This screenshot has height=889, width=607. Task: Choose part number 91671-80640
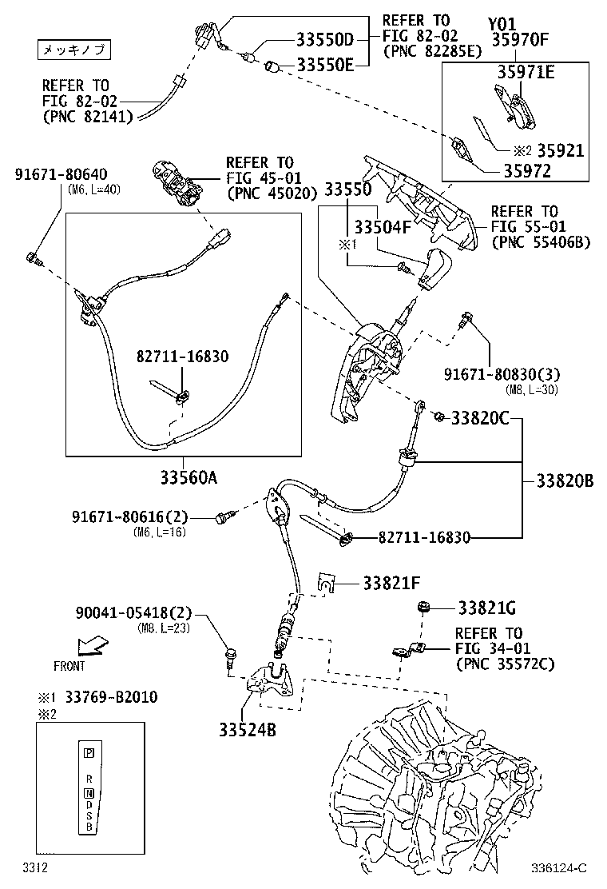click(61, 174)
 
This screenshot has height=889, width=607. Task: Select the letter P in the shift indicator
click(89, 752)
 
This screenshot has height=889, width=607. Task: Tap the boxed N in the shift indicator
click(89, 793)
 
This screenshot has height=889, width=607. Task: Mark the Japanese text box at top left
click(73, 50)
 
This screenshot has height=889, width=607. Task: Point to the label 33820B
click(565, 480)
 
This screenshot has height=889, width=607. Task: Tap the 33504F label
click(383, 227)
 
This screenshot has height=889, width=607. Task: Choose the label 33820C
click(480, 417)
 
